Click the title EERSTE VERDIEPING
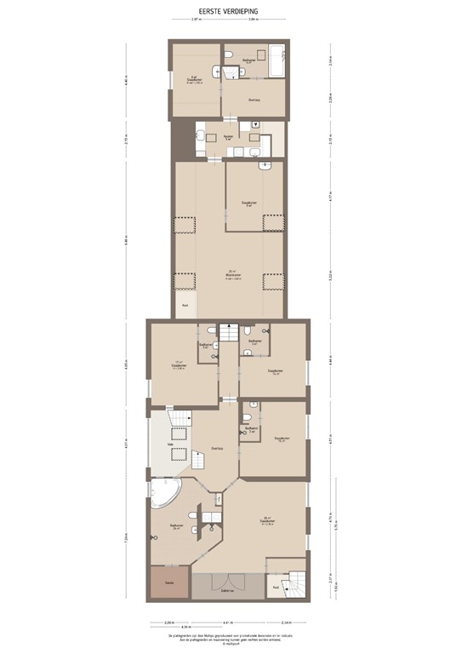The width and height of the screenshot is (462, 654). pyautogui.click(x=231, y=13)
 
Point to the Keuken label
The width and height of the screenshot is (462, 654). pyautogui.click(x=229, y=137)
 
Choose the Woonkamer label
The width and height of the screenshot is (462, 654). pyautogui.click(x=231, y=275)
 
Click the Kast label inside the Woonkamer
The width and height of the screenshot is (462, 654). pyautogui.click(x=184, y=305)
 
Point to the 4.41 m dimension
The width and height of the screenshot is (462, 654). pyautogui.click(x=227, y=622)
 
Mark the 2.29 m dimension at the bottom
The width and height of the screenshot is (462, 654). pyautogui.click(x=168, y=622)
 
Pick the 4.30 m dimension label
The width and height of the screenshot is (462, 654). pyautogui.click(x=174, y=628)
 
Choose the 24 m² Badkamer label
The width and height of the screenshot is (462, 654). pyautogui.click(x=177, y=527)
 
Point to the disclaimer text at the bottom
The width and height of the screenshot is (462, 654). pyautogui.click(x=231, y=638)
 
